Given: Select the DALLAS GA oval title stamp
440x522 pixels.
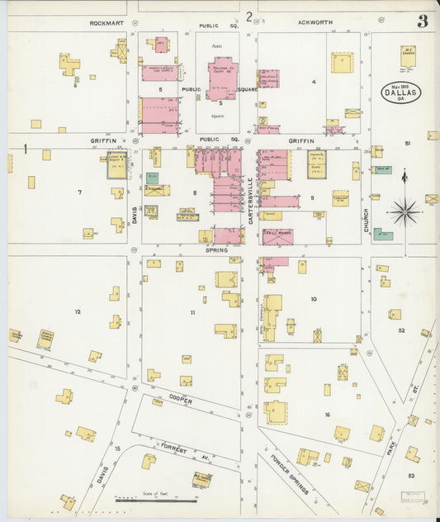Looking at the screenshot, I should click(401, 92).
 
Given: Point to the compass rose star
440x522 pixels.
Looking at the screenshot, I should click(405, 211).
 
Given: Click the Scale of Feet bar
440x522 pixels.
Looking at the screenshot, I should click(156, 500).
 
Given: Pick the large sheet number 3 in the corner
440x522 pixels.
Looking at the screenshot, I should click(422, 21).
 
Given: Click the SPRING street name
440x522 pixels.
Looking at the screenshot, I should click(216, 249).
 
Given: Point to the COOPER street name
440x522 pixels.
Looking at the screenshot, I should click(181, 401).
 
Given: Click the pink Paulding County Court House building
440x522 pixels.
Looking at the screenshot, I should click(221, 78).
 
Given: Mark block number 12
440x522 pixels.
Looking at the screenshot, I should click(78, 311).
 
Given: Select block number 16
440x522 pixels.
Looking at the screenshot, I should click(327, 415).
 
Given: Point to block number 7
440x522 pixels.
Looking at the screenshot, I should click(79, 192).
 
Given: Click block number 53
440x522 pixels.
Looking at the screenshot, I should click(410, 476).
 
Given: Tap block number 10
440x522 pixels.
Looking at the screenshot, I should click(314, 298).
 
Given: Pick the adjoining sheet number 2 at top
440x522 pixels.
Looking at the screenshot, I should click(248, 16).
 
